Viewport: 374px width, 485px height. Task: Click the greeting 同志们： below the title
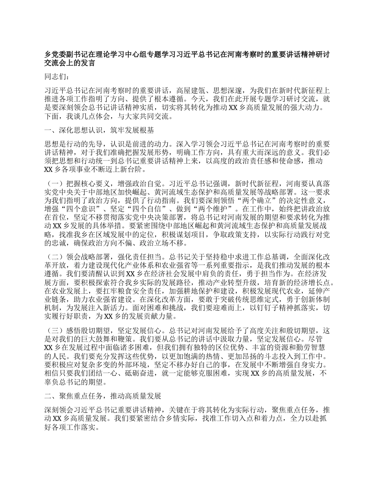click(57, 77)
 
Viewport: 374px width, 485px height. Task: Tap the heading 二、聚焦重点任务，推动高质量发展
click(103, 395)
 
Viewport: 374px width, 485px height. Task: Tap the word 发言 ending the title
click(87, 63)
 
